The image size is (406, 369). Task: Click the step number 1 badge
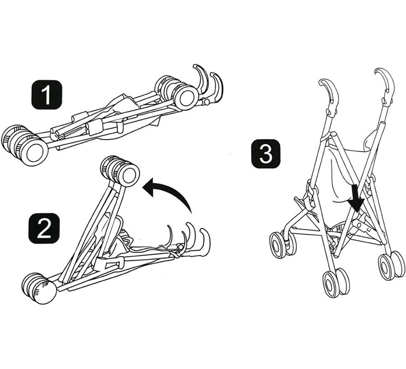(x=47, y=95)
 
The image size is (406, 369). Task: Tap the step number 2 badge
(x=44, y=228)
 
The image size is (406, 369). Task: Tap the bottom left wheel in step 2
(x=39, y=288)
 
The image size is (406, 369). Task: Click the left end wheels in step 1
(x=24, y=145)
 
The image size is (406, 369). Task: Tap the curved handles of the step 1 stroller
(x=208, y=83)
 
